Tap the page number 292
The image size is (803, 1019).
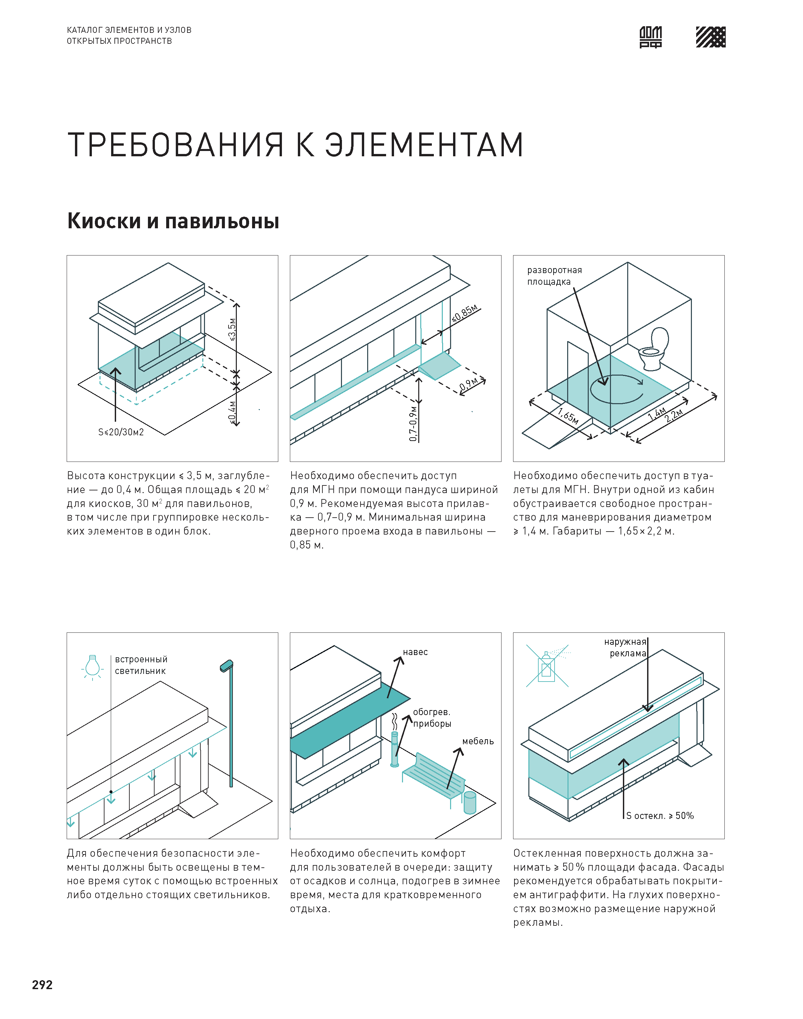coord(42,985)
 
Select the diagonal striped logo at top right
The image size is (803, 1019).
coord(710,37)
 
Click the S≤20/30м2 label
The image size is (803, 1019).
coord(121,432)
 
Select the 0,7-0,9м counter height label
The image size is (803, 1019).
coord(413,423)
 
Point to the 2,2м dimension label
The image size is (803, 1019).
coord(673,416)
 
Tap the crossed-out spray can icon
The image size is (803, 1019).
coord(547,666)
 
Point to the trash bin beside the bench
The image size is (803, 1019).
coord(470,802)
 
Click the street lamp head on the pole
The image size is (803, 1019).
coord(227,665)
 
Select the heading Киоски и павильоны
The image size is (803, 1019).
coord(173,221)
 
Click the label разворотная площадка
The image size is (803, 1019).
coord(554,275)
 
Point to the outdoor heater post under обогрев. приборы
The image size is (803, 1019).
coord(394,750)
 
